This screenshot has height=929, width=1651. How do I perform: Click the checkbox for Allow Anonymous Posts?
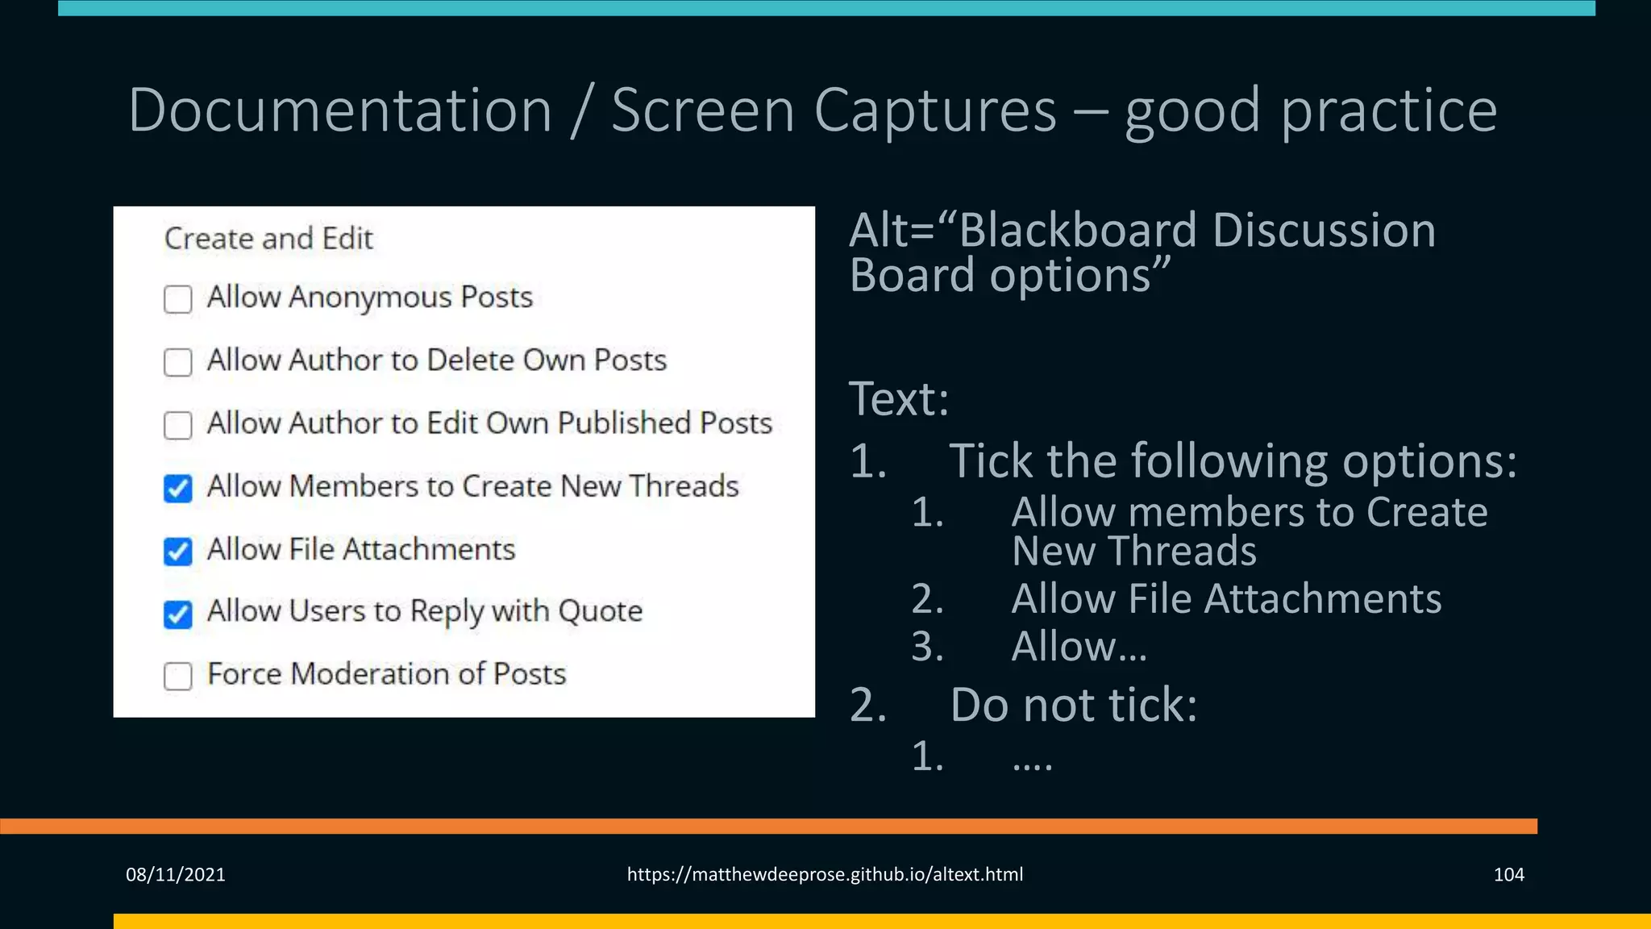pos(177,299)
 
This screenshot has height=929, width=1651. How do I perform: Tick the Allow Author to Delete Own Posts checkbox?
pos(177,362)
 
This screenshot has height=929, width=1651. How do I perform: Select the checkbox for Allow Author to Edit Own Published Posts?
pos(177,425)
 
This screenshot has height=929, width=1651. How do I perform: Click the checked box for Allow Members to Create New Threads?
pos(177,488)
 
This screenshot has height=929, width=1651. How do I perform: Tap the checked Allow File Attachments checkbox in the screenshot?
pos(177,552)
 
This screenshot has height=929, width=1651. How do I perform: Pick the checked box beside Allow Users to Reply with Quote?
pos(177,614)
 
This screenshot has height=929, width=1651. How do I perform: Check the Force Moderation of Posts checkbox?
pos(177,677)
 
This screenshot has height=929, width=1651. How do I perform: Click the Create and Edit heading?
pos(268,239)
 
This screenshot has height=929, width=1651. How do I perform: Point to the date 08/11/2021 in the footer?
pos(175,874)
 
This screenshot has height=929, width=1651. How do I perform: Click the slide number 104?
pos(1508,874)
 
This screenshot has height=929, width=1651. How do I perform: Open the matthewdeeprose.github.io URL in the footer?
pos(825,874)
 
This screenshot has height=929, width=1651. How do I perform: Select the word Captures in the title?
pos(934,110)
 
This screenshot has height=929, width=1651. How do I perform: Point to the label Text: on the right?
pos(899,398)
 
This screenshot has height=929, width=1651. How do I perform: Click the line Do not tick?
pos(1073,705)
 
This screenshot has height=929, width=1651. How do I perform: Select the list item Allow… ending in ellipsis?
pos(1079,647)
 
